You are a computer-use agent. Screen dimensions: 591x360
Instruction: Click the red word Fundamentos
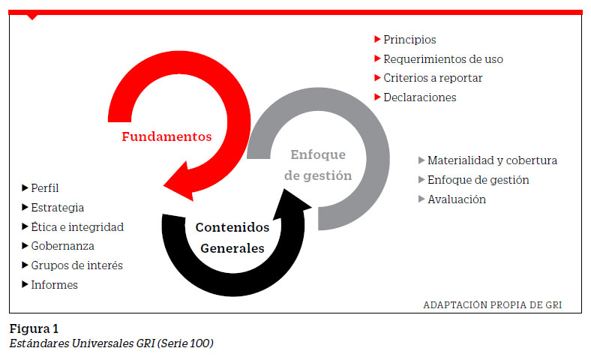166,136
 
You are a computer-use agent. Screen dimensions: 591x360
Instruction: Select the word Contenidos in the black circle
232,227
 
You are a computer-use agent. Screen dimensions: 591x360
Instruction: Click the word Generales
232,248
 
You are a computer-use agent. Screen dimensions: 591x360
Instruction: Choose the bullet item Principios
409,40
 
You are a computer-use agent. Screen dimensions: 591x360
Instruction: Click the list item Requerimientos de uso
443,59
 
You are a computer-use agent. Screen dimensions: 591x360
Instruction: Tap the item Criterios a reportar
433,78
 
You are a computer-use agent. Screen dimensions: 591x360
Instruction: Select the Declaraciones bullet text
420,97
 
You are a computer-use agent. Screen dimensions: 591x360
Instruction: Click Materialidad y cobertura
492,160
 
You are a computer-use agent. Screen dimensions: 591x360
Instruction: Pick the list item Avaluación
457,199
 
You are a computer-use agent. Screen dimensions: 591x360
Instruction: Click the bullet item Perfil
45,188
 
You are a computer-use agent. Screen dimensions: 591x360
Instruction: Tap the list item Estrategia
58,208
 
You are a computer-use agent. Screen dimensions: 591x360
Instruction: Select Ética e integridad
77,227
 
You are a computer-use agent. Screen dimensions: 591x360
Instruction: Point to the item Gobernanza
62,246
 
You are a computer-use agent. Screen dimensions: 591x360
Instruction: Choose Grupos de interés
77,265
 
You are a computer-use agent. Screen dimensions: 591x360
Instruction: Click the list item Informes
54,285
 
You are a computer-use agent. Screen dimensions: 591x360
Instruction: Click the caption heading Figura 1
34,329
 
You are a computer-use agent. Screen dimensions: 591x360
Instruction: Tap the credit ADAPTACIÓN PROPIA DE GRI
493,305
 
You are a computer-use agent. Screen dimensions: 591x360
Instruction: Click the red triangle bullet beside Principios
377,39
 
